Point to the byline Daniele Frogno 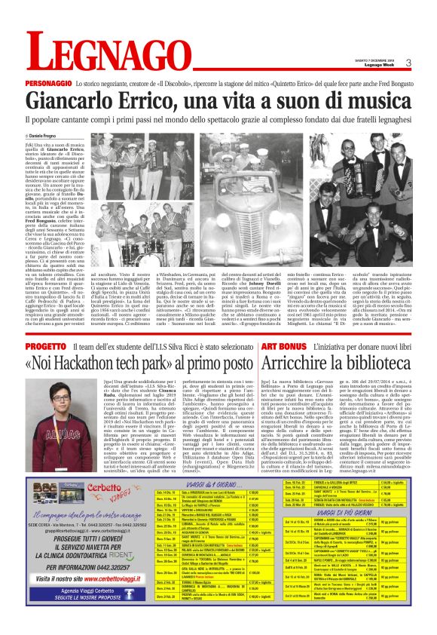(47, 134)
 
